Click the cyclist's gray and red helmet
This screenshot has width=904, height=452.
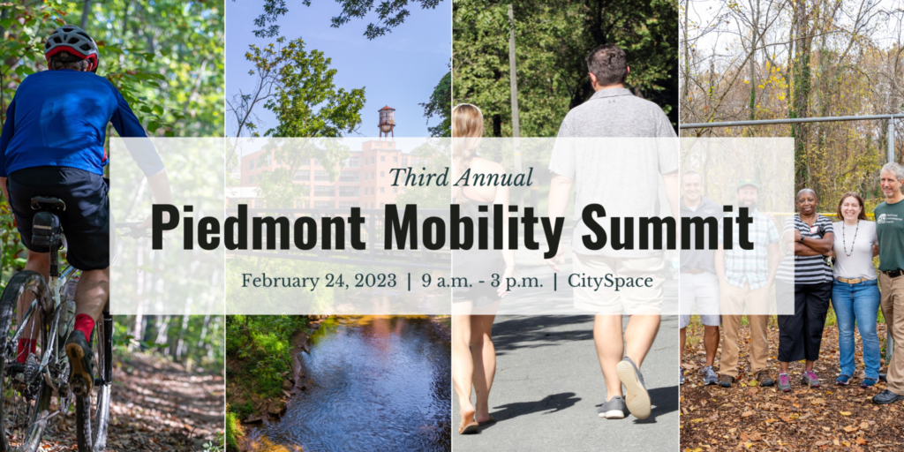click(72, 46)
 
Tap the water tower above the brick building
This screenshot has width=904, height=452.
click(387, 121)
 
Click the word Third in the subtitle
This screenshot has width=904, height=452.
click(417, 177)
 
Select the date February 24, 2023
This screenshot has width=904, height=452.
click(319, 281)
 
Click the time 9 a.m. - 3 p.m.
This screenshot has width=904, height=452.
click(482, 282)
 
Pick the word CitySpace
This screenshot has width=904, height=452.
click(611, 282)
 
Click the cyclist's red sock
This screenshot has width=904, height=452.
click(84, 327)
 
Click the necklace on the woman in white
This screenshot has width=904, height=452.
click(851, 237)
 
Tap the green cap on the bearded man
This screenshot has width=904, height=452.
click(748, 185)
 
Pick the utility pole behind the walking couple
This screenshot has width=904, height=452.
click(514, 87)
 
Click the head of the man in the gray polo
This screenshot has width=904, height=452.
click(608, 65)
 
